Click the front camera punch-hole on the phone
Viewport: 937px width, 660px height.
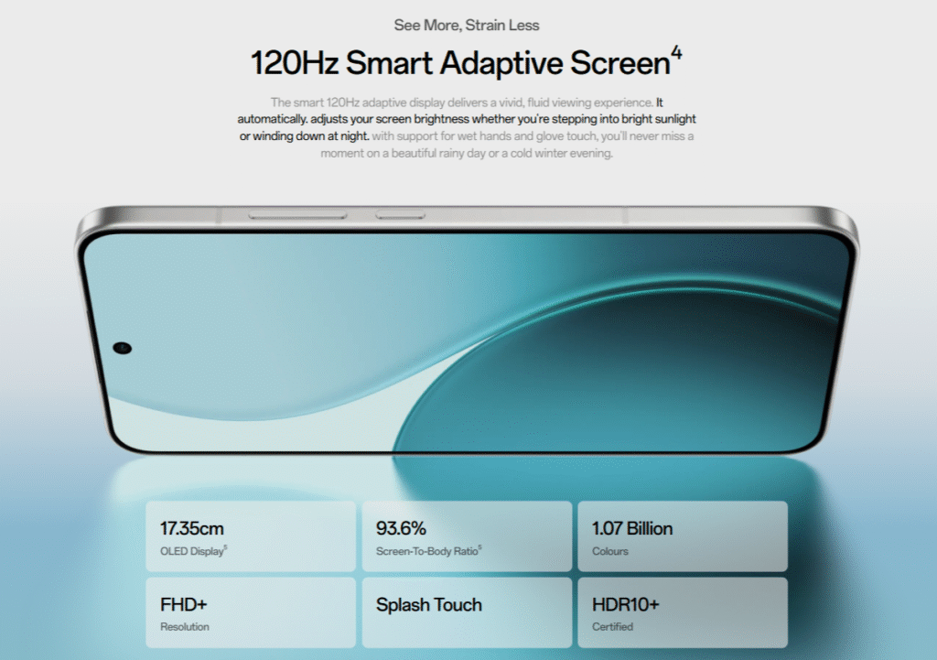pos(123,348)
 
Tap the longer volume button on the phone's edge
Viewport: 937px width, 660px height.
pos(297,214)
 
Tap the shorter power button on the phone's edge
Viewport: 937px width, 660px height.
pos(401,214)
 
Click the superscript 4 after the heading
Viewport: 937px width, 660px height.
pos(676,54)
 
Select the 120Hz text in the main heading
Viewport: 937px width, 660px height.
pos(294,63)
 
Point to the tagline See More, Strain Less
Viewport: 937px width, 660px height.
pos(467,25)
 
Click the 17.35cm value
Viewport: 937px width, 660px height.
pos(192,528)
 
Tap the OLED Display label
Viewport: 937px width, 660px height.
pos(192,551)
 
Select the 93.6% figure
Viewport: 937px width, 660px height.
pos(401,528)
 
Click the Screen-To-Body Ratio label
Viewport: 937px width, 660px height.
pos(427,551)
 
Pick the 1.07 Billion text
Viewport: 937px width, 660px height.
pos(632,528)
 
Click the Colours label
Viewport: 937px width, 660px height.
pos(610,551)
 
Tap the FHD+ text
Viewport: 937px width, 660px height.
pos(183,604)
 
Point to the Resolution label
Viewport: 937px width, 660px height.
pos(185,626)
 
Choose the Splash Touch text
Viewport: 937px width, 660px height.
pos(429,605)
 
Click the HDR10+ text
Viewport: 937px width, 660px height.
pos(626,604)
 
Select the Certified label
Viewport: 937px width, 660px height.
pos(612,626)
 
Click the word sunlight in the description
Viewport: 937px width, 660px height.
pos(675,119)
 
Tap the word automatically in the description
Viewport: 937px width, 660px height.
pos(273,119)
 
